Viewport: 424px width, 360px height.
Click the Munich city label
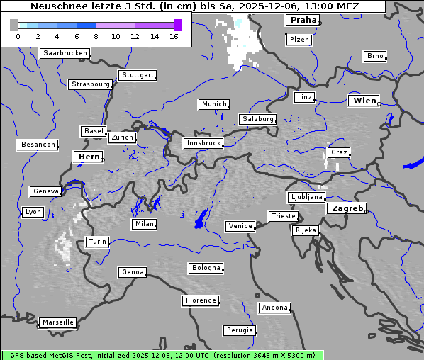pyautogui.click(x=213, y=104)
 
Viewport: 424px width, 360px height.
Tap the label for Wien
pyautogui.click(x=364, y=101)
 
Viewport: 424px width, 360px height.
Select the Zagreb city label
pyautogui.click(x=347, y=208)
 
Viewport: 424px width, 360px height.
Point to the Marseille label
pyautogui.click(x=57, y=322)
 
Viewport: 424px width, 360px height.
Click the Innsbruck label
pyautogui.click(x=203, y=143)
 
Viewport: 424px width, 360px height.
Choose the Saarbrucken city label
pyautogui.click(x=65, y=53)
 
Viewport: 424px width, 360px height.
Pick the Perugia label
pyautogui.click(x=239, y=330)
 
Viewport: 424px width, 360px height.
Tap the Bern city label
pyautogui.click(x=89, y=156)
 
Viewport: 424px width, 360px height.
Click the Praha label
pyautogui.click(x=302, y=21)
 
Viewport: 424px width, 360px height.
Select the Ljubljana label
pyautogui.click(x=306, y=197)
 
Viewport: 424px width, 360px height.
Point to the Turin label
pyautogui.click(x=97, y=242)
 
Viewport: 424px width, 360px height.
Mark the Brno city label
pyautogui.click(x=374, y=56)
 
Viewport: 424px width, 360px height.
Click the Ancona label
pyautogui.click(x=274, y=308)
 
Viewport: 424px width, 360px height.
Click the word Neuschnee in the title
pyautogui.click(x=55, y=7)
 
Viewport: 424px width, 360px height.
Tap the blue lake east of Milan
pyautogui.click(x=201, y=219)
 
